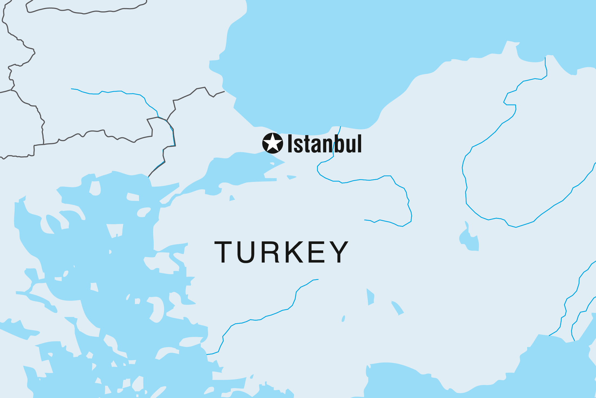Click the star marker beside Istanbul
tap(273, 143)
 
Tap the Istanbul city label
tap(324, 144)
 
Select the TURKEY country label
tap(281, 252)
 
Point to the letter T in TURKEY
tap(223, 252)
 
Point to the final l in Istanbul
tap(359, 143)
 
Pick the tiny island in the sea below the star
tap(272, 164)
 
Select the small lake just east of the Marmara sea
tap(291, 177)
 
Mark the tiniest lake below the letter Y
tap(343, 318)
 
